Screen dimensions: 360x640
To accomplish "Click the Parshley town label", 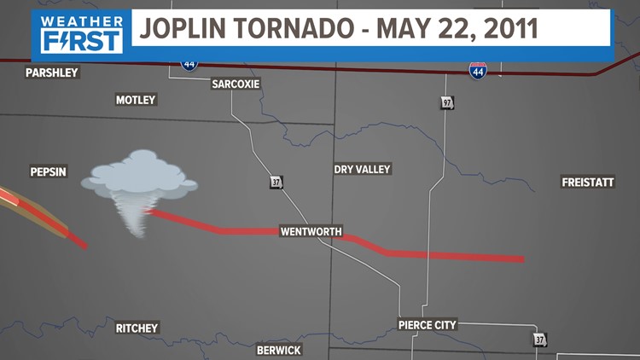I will pyautogui.click(x=51, y=73).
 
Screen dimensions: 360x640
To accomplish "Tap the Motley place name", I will pyautogui.click(x=136, y=100).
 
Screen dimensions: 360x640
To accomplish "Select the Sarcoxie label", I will pyautogui.click(x=236, y=84).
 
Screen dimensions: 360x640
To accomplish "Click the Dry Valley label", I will pyautogui.click(x=362, y=170).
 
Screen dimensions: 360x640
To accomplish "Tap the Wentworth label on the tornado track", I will pyautogui.click(x=311, y=232).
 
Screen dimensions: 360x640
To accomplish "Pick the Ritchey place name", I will pyautogui.click(x=137, y=328).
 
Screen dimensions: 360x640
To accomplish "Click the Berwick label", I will pyautogui.click(x=280, y=350).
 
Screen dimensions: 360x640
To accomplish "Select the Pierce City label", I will pyautogui.click(x=427, y=325).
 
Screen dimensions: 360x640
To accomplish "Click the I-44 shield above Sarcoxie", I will pyautogui.click(x=188, y=62).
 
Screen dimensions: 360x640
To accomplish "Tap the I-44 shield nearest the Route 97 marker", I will pyautogui.click(x=478, y=72).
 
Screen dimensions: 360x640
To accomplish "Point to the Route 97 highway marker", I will pyautogui.click(x=447, y=102).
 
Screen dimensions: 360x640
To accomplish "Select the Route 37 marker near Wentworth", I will pyautogui.click(x=276, y=183).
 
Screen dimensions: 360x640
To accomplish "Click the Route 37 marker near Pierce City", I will pyautogui.click(x=538, y=340).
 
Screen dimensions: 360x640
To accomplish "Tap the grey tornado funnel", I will pyautogui.click(x=132, y=212).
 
